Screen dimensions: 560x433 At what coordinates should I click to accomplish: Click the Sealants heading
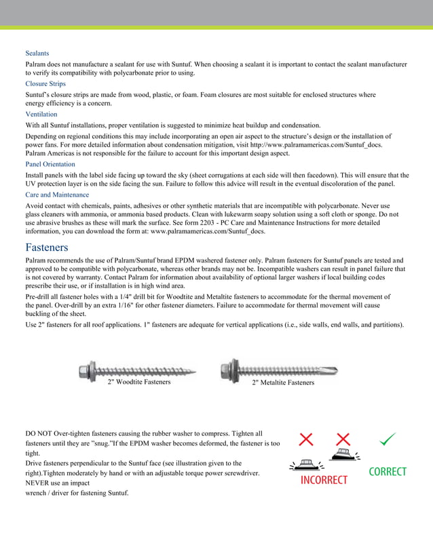(x=37, y=53)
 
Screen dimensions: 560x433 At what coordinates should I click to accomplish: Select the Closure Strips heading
(x=45, y=84)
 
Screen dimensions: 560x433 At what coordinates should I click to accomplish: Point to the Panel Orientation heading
(x=50, y=164)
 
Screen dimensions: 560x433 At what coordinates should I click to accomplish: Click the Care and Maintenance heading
(x=57, y=195)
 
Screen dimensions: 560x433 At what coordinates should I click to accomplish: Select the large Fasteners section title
(x=47, y=247)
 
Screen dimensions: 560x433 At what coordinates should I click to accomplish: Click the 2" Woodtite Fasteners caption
(x=139, y=382)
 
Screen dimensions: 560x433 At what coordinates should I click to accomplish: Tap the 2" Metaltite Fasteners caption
(x=283, y=383)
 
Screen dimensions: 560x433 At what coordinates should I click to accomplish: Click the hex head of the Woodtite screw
(x=86, y=371)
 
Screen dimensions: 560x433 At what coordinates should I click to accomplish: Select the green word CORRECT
(x=387, y=472)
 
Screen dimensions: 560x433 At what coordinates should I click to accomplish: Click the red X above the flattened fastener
(x=306, y=439)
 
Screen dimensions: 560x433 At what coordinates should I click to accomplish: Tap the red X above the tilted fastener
(x=343, y=439)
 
